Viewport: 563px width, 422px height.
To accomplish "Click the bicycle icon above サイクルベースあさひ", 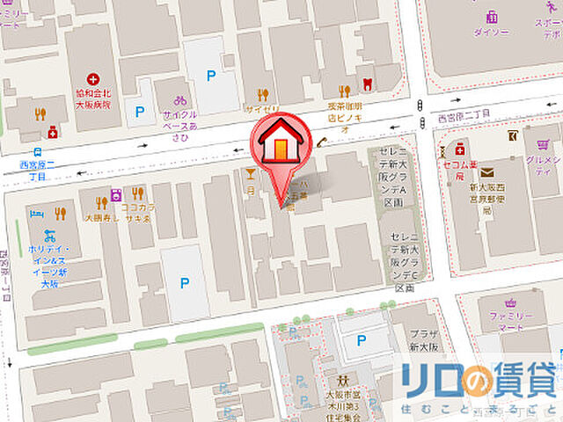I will click(x=179, y=100).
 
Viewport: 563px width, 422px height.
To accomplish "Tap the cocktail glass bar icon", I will click(x=251, y=173).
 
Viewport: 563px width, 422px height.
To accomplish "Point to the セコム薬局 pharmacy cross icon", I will click(x=461, y=149).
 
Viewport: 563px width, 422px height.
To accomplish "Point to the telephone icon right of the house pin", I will click(x=322, y=142).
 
